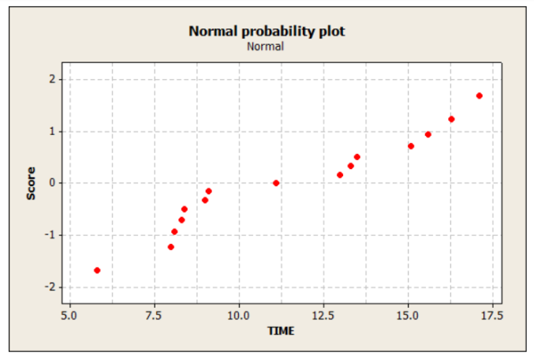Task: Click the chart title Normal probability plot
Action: pos(267,32)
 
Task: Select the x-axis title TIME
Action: pos(281,331)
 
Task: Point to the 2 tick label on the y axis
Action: pos(51,79)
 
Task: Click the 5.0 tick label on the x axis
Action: pos(69,316)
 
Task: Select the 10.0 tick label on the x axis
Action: pos(238,316)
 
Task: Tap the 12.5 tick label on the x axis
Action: pos(323,316)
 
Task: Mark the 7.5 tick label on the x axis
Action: pos(154,316)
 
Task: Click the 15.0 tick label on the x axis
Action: pos(408,316)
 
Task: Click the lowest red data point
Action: pos(97,270)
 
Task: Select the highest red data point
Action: pos(479,96)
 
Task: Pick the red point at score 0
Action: pos(276,183)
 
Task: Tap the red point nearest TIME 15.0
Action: pos(411,146)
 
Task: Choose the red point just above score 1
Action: pos(451,119)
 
